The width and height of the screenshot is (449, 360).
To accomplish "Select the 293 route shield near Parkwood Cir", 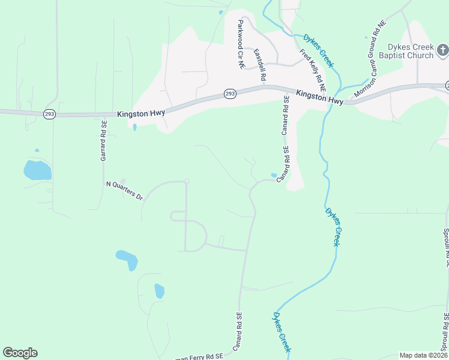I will (230, 94).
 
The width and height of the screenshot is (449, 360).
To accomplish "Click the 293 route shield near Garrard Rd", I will (49, 113).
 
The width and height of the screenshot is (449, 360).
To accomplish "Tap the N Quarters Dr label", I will (124, 191).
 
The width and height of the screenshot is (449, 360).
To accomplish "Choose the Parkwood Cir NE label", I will (241, 44).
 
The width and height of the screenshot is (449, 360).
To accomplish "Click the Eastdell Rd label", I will (259, 65).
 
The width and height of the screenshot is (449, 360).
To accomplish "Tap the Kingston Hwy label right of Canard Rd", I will (319, 98).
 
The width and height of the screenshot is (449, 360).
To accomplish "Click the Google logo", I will (20, 353).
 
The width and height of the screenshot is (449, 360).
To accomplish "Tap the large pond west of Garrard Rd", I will (37, 170).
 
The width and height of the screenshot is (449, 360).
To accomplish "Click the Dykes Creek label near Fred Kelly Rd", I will (319, 50).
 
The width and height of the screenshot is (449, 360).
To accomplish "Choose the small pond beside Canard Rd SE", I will (274, 175).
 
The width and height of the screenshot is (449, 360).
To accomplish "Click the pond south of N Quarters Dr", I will (127, 259).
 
